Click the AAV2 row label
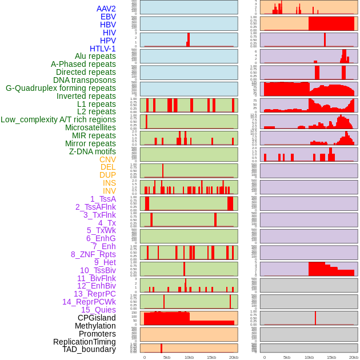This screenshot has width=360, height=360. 106,9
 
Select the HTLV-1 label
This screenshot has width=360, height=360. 102,49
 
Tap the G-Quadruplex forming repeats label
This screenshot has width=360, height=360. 61,88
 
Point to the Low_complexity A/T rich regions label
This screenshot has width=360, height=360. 58,119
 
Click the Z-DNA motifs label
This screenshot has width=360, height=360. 92,151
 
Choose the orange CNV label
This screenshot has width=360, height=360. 107,159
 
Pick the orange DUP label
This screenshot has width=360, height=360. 107,175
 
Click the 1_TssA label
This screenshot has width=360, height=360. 103,199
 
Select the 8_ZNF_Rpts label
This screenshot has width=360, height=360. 93,254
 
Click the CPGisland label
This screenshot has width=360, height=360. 97,318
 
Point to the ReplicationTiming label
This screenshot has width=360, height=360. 84,342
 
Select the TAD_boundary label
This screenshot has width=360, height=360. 89,349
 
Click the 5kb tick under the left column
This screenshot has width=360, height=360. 167,357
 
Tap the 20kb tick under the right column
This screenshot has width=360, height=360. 354,357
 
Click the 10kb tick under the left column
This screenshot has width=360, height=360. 189,357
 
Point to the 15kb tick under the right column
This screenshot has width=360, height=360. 331,357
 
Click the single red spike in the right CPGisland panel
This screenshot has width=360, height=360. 315,318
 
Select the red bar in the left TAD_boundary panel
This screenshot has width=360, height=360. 161,347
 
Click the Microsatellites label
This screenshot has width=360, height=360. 90,127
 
